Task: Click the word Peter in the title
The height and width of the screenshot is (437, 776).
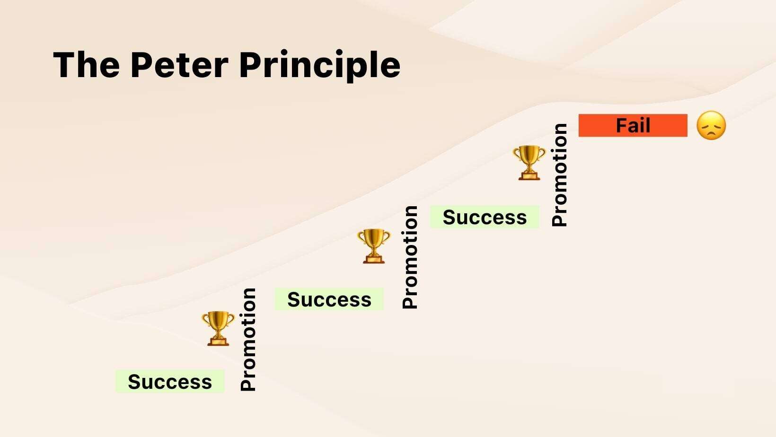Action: tap(179, 65)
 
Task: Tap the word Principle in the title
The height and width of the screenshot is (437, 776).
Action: tap(320, 66)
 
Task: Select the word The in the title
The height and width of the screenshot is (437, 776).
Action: tap(86, 64)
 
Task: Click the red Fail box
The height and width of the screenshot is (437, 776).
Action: tap(633, 125)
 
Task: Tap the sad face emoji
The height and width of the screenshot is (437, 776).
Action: tap(711, 125)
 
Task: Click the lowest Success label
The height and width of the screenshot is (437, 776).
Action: tap(170, 381)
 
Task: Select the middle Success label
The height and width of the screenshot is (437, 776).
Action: tap(329, 299)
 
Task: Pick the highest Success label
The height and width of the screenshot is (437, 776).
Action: tap(485, 217)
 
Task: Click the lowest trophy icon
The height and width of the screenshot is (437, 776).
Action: tap(218, 328)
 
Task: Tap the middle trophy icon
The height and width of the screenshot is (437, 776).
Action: tap(374, 246)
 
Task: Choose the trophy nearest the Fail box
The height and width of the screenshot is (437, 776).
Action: tap(529, 163)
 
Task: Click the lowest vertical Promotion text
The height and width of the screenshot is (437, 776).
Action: tap(248, 340)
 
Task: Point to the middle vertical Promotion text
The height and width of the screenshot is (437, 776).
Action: tap(410, 257)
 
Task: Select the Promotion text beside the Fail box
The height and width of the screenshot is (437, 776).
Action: tap(559, 175)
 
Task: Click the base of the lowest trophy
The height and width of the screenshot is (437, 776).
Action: tap(218, 341)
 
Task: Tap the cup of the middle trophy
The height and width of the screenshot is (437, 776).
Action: tap(374, 239)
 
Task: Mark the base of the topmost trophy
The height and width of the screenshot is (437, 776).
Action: tap(529, 176)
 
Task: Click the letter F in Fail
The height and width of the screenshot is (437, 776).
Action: tap(622, 125)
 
